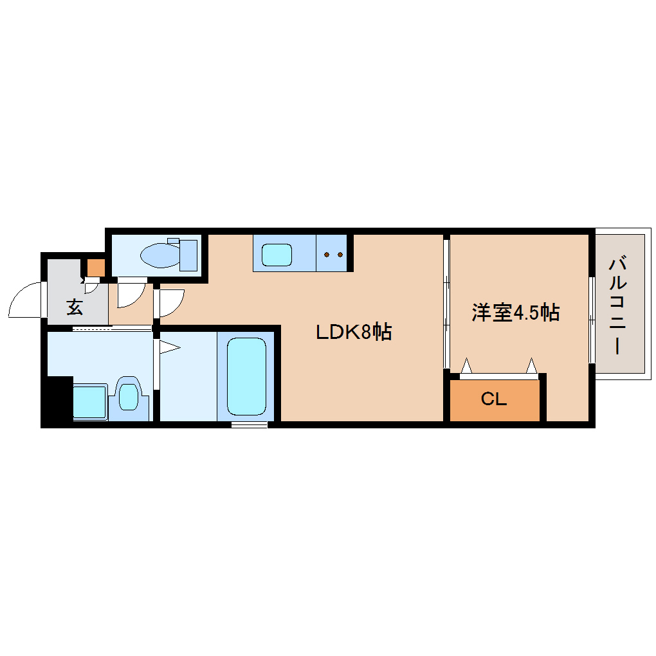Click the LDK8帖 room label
(x=353, y=332)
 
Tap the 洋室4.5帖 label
(x=515, y=313)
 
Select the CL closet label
(x=494, y=399)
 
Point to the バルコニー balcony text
(x=618, y=305)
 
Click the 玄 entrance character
(x=75, y=307)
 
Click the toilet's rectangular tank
(x=188, y=255)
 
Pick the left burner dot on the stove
(x=327, y=255)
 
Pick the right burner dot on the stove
(x=340, y=255)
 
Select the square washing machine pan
(x=89, y=401)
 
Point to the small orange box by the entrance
(x=95, y=267)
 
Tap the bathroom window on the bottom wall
(x=249, y=424)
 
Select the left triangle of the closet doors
(x=466, y=366)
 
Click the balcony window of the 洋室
(x=591, y=320)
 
